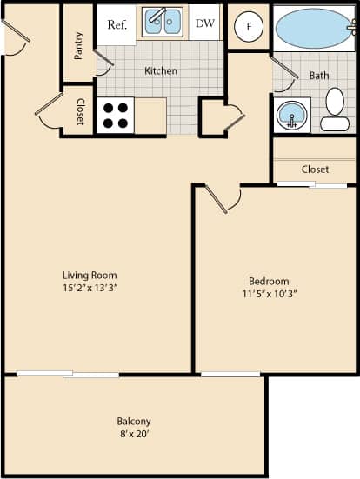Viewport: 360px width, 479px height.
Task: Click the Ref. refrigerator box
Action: [117, 24]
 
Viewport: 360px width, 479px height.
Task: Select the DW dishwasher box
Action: [205, 24]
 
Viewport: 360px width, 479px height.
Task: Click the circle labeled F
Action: [250, 26]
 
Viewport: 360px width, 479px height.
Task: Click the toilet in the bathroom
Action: [335, 110]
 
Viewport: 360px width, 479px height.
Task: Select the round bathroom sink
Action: [292, 115]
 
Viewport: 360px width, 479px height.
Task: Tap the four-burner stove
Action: [115, 115]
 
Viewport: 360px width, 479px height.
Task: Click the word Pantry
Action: [78, 45]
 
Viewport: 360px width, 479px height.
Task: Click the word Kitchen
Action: [161, 70]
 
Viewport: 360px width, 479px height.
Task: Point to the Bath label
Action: [319, 76]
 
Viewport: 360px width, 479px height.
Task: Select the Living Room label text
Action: [89, 276]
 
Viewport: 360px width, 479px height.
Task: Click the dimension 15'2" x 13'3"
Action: [89, 288]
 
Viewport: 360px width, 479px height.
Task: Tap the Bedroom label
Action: [269, 282]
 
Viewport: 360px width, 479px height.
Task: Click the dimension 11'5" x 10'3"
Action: [269, 294]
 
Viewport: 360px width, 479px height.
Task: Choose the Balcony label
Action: [134, 421]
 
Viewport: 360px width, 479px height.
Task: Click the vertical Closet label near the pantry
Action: [80, 110]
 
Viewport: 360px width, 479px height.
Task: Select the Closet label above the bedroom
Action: [315, 170]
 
